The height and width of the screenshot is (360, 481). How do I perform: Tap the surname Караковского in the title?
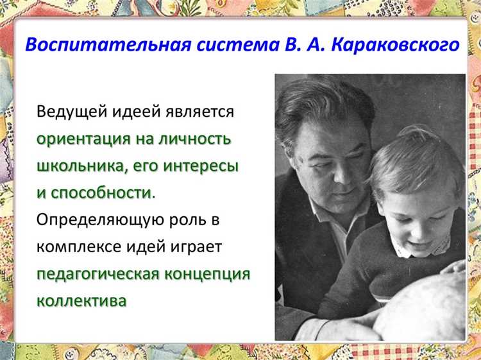tap(395, 45)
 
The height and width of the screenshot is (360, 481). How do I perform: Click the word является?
tap(199, 112)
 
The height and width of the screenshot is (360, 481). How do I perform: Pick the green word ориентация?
tap(84, 139)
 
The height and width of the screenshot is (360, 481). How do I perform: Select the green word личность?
tap(194, 139)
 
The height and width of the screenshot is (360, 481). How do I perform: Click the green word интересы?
tap(201, 166)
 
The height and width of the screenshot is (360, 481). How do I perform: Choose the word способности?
tap(103, 193)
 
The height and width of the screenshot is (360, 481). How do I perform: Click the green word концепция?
tap(207, 275)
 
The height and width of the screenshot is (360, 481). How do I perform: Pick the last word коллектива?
tap(81, 301)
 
